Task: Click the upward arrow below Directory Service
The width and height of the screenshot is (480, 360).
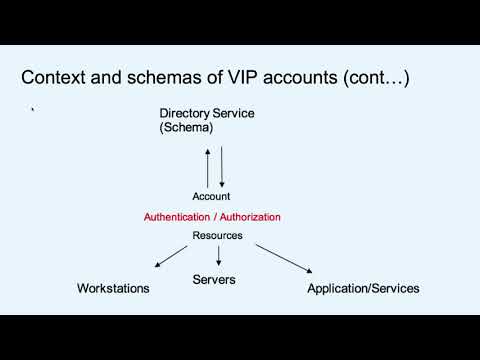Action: point(208,165)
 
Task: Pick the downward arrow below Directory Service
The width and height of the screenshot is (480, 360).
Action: point(222,165)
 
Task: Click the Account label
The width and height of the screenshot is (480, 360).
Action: point(212,197)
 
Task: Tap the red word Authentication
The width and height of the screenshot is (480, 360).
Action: point(178,216)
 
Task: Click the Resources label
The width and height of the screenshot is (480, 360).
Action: point(217,237)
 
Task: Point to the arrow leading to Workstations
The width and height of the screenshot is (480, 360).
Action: point(172,256)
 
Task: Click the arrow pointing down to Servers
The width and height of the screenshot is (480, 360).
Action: point(218,257)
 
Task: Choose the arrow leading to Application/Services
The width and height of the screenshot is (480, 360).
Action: point(282,257)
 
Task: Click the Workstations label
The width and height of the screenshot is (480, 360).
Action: point(113,288)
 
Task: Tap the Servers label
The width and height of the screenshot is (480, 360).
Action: point(214,280)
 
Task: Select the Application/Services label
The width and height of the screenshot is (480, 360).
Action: point(363,288)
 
